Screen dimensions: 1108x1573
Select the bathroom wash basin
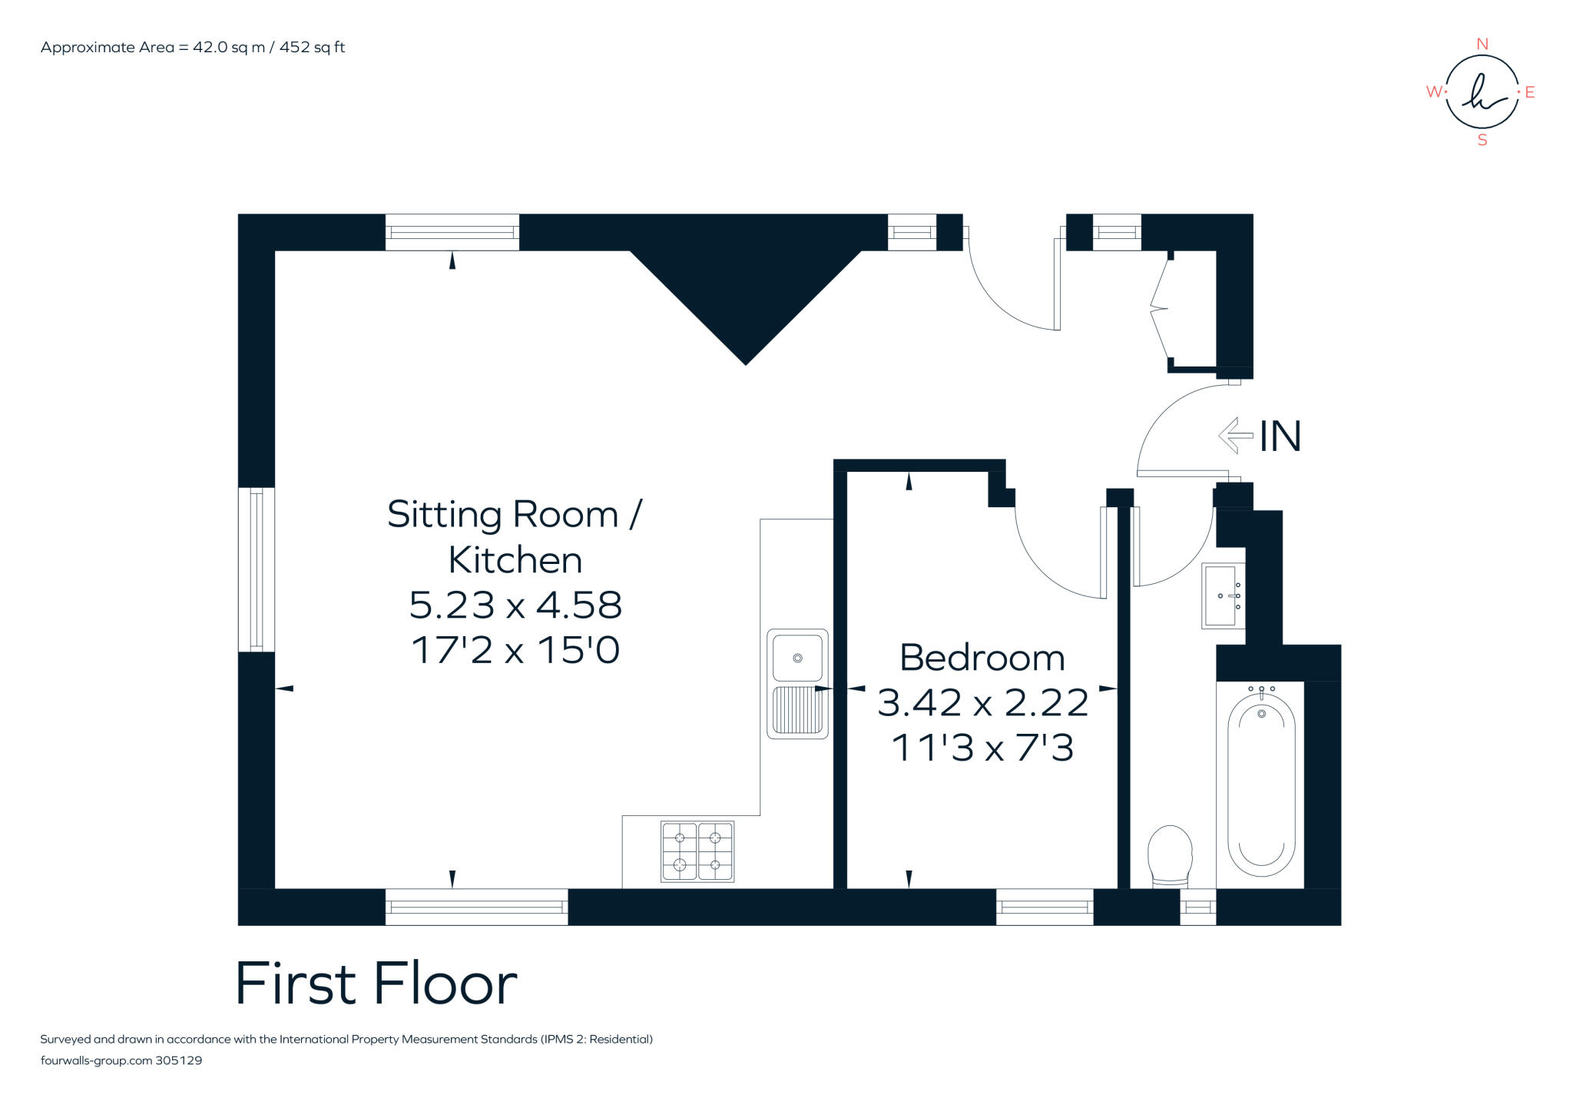(x=1221, y=595)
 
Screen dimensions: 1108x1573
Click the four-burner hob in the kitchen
(x=697, y=851)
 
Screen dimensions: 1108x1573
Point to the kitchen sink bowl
(x=797, y=658)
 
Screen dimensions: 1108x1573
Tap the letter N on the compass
(x=1482, y=45)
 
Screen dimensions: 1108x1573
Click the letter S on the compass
(x=1482, y=141)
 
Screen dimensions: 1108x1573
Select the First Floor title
(x=376, y=984)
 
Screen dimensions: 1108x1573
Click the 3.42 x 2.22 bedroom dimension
(x=982, y=702)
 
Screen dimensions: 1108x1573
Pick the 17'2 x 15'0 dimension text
(x=515, y=650)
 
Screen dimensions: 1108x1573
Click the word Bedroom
(x=982, y=658)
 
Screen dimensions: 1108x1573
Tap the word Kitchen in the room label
(x=515, y=559)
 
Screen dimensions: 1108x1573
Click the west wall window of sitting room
(x=257, y=569)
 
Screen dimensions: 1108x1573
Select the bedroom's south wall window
(x=1045, y=907)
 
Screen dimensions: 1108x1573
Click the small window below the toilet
(x=1197, y=907)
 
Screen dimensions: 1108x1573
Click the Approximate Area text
(x=193, y=47)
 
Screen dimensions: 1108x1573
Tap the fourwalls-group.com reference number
(x=178, y=1060)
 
